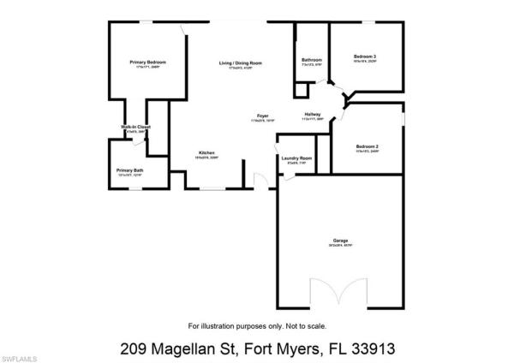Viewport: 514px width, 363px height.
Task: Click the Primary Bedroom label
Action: (x=147, y=62)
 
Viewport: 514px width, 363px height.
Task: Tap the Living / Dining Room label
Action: (x=240, y=62)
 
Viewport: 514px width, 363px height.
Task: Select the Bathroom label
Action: (x=312, y=60)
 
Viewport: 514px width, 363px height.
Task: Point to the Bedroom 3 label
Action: (x=365, y=57)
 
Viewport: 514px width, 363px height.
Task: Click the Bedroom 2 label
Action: (x=367, y=146)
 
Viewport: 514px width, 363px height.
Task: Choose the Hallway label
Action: (x=313, y=116)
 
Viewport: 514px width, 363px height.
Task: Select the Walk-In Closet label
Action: (x=135, y=128)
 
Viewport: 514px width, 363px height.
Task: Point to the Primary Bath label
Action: (x=130, y=170)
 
